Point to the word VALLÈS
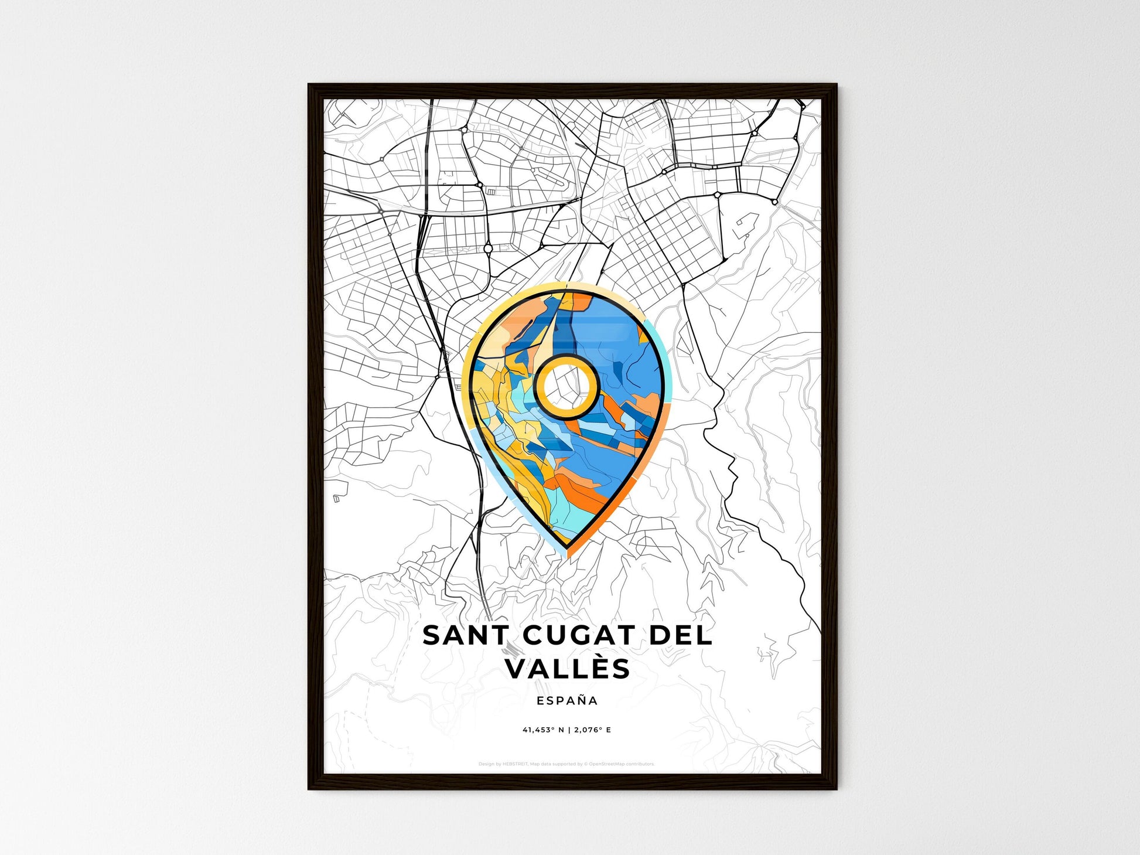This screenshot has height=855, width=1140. point(568,669)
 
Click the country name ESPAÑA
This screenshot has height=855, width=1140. point(567,701)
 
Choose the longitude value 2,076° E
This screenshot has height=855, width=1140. point(592,730)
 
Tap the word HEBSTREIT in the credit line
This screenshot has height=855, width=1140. point(516,764)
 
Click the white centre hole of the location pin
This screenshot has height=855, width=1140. point(566,386)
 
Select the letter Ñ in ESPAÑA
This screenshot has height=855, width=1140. point(576,700)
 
